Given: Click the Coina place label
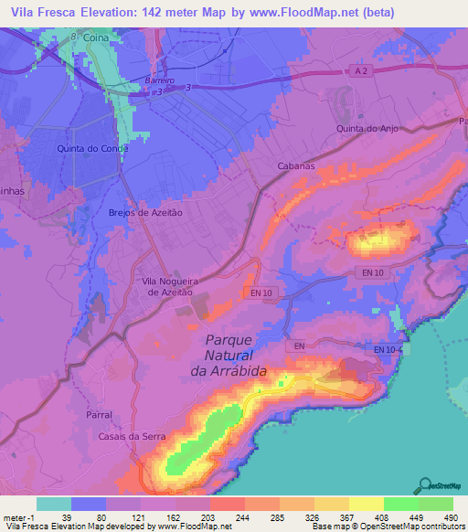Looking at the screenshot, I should (x=96, y=38).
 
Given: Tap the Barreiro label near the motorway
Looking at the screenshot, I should (x=159, y=80).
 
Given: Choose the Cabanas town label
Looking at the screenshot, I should (x=296, y=166).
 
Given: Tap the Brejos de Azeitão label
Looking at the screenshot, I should (x=142, y=211).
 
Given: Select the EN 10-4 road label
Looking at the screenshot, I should (x=391, y=349).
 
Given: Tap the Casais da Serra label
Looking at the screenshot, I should (x=132, y=437).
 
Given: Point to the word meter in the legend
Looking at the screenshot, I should (x=14, y=516).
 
